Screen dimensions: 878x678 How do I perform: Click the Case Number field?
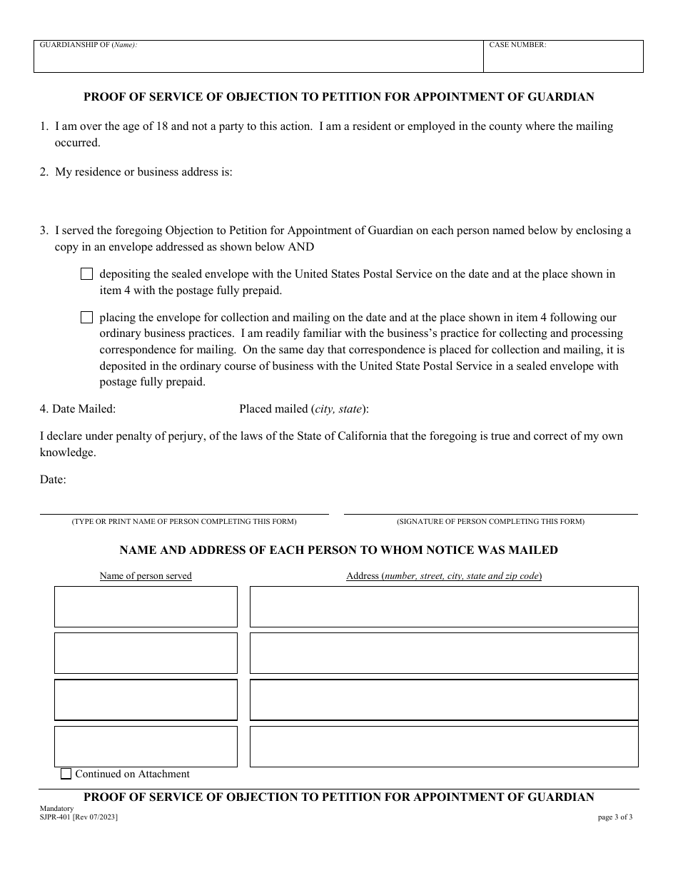(562, 60)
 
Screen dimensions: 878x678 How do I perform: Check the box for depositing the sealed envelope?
(87, 274)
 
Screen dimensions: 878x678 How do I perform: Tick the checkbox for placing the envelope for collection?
(87, 318)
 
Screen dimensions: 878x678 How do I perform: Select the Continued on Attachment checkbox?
(66, 774)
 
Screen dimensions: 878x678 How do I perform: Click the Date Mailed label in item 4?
(78, 409)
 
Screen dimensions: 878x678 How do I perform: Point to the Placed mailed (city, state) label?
(304, 409)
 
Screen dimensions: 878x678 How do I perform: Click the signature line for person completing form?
(490, 508)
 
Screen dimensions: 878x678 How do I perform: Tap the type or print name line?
(183, 508)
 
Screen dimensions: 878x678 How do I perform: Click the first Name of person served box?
(146, 607)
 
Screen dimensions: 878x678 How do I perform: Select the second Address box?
(443, 653)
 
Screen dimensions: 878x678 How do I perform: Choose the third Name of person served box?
(146, 700)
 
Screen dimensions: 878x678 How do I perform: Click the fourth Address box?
(443, 746)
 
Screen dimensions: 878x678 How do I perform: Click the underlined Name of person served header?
(146, 576)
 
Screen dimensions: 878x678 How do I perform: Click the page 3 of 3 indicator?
(614, 817)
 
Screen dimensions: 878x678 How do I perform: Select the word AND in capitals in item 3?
(300, 247)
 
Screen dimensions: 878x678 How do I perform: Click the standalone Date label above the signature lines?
(53, 480)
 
